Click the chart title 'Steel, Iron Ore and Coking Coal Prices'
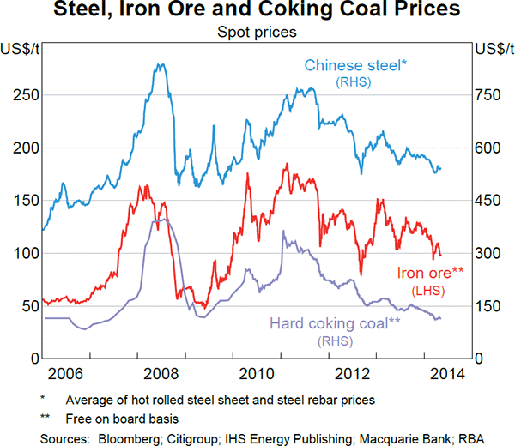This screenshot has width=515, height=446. pos(257,12)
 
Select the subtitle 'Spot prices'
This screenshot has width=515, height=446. pos(257,33)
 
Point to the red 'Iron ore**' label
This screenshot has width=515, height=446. pos(430,273)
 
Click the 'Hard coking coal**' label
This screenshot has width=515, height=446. pos(336,323)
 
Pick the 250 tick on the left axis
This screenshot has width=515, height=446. pos(27,95)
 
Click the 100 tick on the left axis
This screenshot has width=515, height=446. pos(27,253)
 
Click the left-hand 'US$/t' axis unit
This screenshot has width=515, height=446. pos(23,48)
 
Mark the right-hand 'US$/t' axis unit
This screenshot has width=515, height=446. pos(491,48)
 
